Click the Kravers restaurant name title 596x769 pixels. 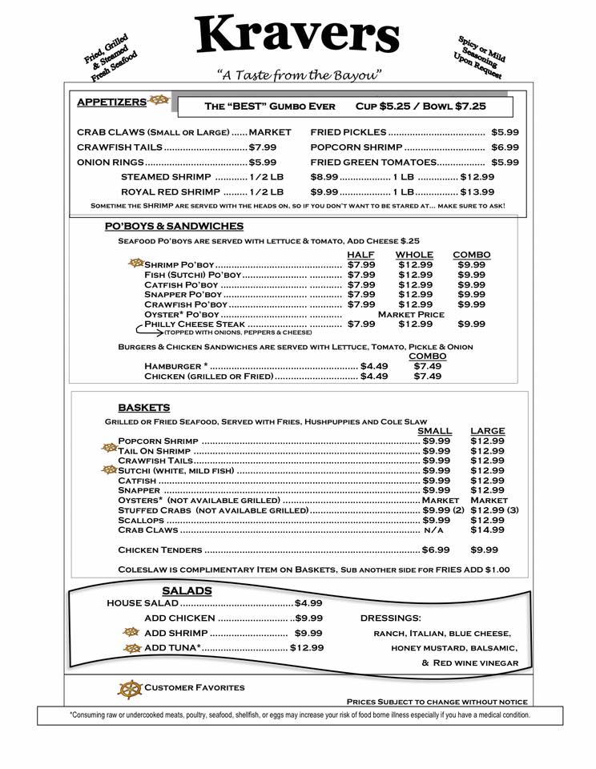(297, 36)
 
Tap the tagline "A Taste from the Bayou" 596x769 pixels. (299, 75)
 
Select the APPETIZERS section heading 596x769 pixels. (111, 102)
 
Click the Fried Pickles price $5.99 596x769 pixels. (505, 132)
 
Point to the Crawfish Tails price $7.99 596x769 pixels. (263, 147)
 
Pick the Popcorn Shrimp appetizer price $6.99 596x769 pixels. (505, 147)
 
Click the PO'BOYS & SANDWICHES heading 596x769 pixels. (174, 227)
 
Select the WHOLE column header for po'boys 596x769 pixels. (414, 255)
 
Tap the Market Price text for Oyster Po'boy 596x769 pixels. (410, 315)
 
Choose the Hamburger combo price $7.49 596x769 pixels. (427, 366)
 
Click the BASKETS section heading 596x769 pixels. (143, 408)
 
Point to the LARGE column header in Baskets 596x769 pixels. (487, 431)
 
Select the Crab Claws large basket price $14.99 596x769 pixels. (487, 529)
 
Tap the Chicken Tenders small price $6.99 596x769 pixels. (436, 550)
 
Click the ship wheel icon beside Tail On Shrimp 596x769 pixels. (109, 449)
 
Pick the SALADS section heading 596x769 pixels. (187, 591)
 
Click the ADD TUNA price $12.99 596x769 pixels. (307, 647)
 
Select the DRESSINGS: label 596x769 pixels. (390, 618)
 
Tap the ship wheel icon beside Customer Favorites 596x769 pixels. (130, 689)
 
